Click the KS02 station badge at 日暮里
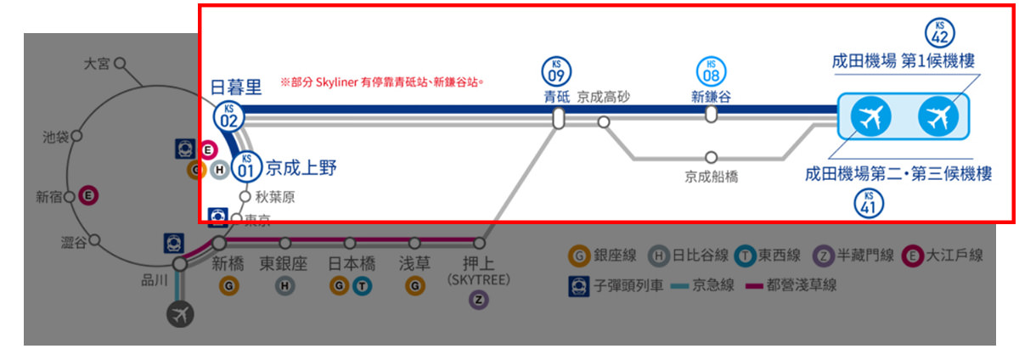click(x=228, y=115)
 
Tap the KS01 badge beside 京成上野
click(x=246, y=166)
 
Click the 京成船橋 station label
click(x=712, y=177)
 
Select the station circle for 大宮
click(x=120, y=63)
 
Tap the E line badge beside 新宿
click(x=86, y=196)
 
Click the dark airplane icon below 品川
click(x=180, y=313)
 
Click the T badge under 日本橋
click(x=363, y=287)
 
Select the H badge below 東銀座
click(x=284, y=287)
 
